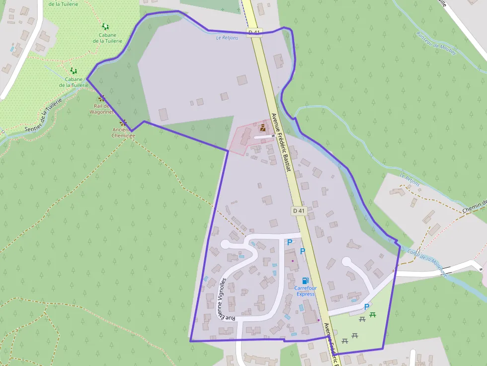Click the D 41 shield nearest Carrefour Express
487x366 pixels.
pyautogui.click(x=299, y=211)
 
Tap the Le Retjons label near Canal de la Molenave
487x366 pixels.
pyautogui.click(x=409, y=180)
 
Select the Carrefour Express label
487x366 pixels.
pyautogui.click(x=305, y=291)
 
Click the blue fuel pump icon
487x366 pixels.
pyautogui.click(x=305, y=281)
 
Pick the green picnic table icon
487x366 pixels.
pyautogui.click(x=373, y=314)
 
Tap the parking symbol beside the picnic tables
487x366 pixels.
pyautogui.click(x=367, y=307)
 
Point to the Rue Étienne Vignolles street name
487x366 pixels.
pyautogui.click(x=227, y=298)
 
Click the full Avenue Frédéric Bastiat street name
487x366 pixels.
pyautogui.click(x=281, y=142)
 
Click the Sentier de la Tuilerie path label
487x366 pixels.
pyautogui.click(x=44, y=116)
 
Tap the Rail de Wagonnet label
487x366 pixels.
pyautogui.click(x=102, y=109)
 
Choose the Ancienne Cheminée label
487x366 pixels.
pyautogui.click(x=123, y=132)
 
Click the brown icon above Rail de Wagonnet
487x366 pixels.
pyautogui.click(x=102, y=98)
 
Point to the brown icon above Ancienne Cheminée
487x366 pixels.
pyautogui.click(x=123, y=122)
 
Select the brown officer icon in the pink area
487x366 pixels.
pyautogui.click(x=262, y=128)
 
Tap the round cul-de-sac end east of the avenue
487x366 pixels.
pyautogui.click(x=346, y=261)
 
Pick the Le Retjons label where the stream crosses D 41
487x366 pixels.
pyautogui.click(x=227, y=38)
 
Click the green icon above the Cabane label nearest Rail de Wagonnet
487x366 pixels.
pyautogui.click(x=74, y=71)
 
